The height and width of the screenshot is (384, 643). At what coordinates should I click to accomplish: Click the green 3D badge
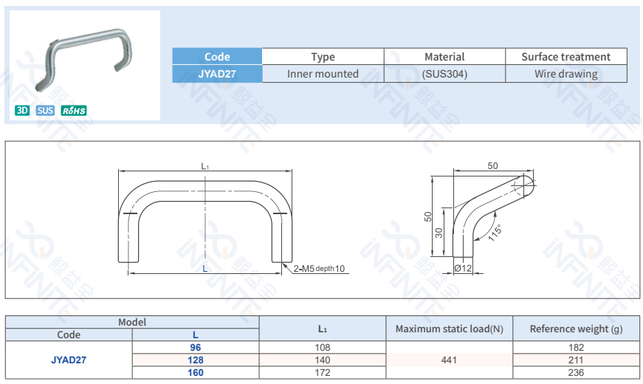22,111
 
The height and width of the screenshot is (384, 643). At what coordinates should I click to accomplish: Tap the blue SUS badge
46,111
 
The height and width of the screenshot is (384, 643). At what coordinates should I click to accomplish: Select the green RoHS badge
74,111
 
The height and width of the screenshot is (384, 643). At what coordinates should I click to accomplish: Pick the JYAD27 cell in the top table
217,74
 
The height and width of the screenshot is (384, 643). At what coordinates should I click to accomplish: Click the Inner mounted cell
323,74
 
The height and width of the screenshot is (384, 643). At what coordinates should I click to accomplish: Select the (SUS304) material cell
444,74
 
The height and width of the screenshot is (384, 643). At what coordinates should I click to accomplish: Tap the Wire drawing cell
566,74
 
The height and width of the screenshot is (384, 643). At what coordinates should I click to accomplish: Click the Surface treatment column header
566,57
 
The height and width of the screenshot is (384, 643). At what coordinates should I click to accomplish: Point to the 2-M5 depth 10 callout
319,269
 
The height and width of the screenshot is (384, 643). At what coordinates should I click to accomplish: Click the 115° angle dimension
495,233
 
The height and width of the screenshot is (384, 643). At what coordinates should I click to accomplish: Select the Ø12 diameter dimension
463,268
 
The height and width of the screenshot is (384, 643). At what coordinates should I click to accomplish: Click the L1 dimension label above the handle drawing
205,167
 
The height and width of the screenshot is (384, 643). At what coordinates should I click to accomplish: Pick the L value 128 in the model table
196,360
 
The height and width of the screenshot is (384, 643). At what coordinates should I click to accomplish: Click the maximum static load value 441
449,360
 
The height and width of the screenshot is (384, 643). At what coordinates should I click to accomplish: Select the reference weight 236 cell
576,372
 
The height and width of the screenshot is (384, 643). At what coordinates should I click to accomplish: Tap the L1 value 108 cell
323,347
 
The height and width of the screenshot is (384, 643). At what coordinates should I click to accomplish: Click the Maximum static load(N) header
449,329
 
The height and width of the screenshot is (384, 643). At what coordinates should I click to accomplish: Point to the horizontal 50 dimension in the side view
492,166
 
